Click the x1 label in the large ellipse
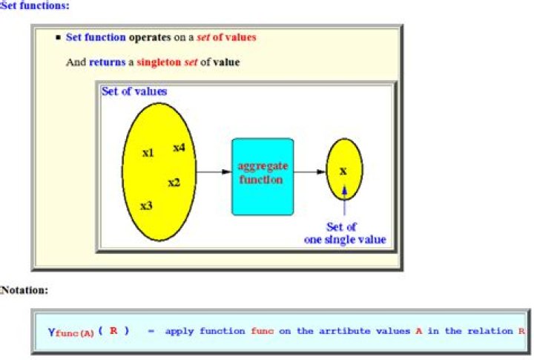(x=148, y=153)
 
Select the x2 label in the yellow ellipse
(x=174, y=183)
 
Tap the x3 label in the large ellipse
(x=146, y=206)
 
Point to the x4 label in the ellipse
(x=179, y=147)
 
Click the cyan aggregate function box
(x=263, y=177)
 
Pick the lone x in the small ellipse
(x=343, y=171)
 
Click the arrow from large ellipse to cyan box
(x=214, y=171)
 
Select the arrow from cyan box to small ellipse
(x=309, y=171)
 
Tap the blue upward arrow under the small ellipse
(x=344, y=200)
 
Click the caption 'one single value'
(x=345, y=239)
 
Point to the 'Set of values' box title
(x=134, y=91)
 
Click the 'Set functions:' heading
(x=34, y=5)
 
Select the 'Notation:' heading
(x=24, y=290)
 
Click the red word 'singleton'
(x=159, y=62)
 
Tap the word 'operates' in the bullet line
(x=150, y=37)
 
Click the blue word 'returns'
(x=108, y=62)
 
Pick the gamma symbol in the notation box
(x=51, y=332)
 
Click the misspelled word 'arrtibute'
(x=344, y=331)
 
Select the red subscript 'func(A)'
(x=75, y=333)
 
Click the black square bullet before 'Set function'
(x=58, y=37)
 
